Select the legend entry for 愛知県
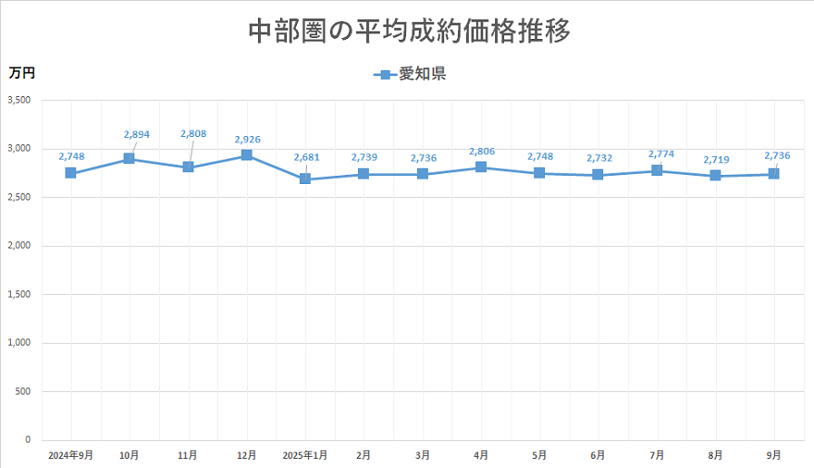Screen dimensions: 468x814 411,74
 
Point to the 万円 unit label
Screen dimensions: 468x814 22,72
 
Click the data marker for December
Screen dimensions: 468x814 246,155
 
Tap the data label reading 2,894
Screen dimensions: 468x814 136,134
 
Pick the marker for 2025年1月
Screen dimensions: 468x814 304,179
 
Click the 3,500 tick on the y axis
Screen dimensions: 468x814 18,100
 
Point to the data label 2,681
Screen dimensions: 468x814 306,157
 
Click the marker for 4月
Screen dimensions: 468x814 481,167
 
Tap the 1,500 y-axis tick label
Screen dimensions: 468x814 18,294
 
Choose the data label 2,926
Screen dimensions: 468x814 247,140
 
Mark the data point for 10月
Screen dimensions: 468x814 129,159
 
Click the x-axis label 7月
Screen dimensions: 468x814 657,455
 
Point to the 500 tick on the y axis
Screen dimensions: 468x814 24,391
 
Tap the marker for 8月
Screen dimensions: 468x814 715,176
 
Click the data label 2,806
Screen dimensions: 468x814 482,151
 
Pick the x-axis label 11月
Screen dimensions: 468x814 188,455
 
